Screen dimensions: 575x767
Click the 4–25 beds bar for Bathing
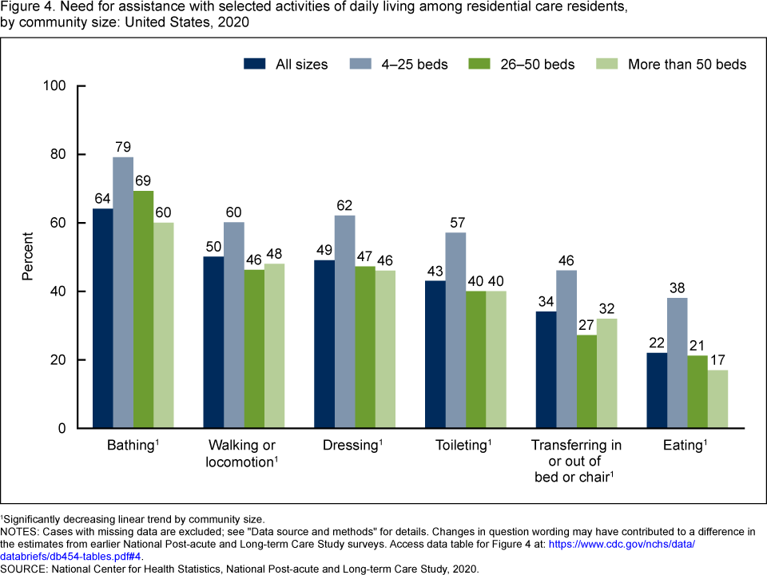pyautogui.click(x=123, y=292)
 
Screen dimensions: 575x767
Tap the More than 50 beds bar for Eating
pyautogui.click(x=717, y=399)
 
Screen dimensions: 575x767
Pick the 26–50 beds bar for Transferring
pyautogui.click(x=586, y=382)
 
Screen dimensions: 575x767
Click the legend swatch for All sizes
pyautogui.click(x=256, y=64)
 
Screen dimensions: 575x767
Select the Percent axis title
pyautogui.click(x=28, y=256)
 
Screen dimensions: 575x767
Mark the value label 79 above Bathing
pyautogui.click(x=123, y=147)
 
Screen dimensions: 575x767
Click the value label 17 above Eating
pyautogui.click(x=717, y=359)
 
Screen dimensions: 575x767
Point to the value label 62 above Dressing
pyautogui.click(x=344, y=205)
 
